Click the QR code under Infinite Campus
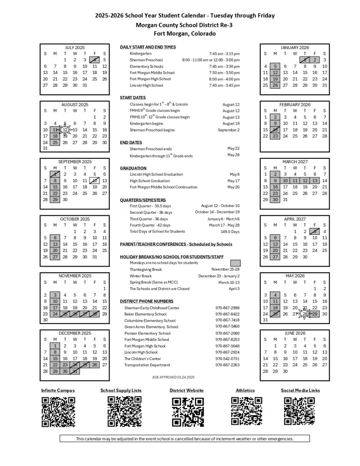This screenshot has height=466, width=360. (58, 411)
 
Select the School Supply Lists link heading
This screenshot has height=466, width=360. (121, 390)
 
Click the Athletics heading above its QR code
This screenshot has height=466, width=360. (245, 390)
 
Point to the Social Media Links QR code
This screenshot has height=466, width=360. (300, 411)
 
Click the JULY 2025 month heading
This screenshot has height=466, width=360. (75, 48)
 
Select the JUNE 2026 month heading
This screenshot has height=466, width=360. (294, 333)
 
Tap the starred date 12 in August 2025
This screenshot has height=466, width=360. (65, 130)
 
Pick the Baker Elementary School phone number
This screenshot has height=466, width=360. (228, 314)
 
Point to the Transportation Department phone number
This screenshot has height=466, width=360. (228, 365)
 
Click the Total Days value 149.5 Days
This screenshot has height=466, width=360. (230, 232)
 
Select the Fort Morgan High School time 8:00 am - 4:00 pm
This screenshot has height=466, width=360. (224, 79)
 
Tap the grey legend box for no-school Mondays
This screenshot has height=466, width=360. (235, 263)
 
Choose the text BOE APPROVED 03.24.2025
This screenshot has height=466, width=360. (173, 377)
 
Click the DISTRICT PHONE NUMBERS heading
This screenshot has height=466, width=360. (146, 301)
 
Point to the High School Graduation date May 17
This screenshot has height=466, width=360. (234, 181)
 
